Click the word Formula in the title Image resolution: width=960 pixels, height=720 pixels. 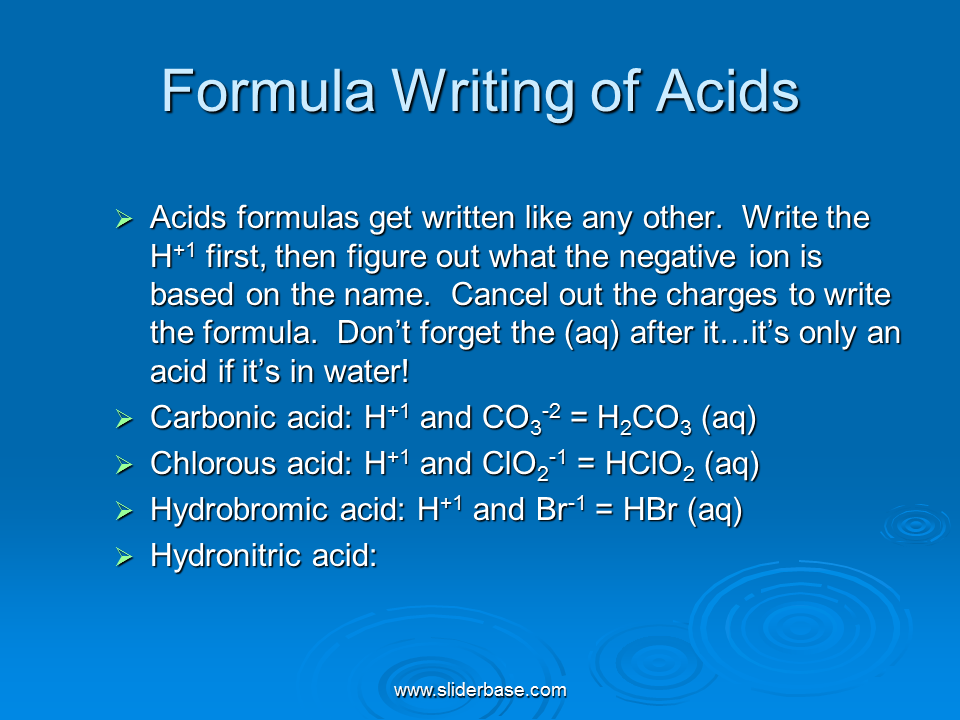pyautogui.click(x=268, y=91)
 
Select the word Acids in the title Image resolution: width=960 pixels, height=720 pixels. pyautogui.click(x=727, y=91)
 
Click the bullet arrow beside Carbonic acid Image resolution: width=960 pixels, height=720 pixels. pyautogui.click(x=124, y=419)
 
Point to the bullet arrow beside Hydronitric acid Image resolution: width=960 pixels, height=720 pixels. pyautogui.click(x=124, y=557)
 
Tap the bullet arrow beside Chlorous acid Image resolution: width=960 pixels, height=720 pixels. pyautogui.click(x=124, y=465)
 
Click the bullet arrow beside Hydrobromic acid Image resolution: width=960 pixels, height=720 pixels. pyautogui.click(x=124, y=511)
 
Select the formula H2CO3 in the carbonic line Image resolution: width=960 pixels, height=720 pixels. pyautogui.click(x=644, y=420)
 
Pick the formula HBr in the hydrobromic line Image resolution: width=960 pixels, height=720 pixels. pyautogui.click(x=650, y=509)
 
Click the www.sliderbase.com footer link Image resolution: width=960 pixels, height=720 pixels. pyautogui.click(x=480, y=691)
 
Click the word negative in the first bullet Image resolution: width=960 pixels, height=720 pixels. pyautogui.click(x=678, y=258)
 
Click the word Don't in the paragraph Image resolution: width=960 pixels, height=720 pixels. pyautogui.click(x=373, y=333)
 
